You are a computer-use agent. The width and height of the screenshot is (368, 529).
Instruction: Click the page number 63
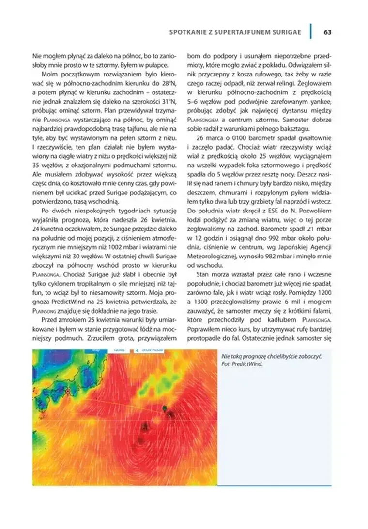pos(327,32)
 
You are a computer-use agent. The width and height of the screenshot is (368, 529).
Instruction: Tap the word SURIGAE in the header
pos(284,32)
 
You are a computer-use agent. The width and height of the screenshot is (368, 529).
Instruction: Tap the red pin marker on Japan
pos(68,390)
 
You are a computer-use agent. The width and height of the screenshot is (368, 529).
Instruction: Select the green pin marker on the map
pos(165,408)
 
